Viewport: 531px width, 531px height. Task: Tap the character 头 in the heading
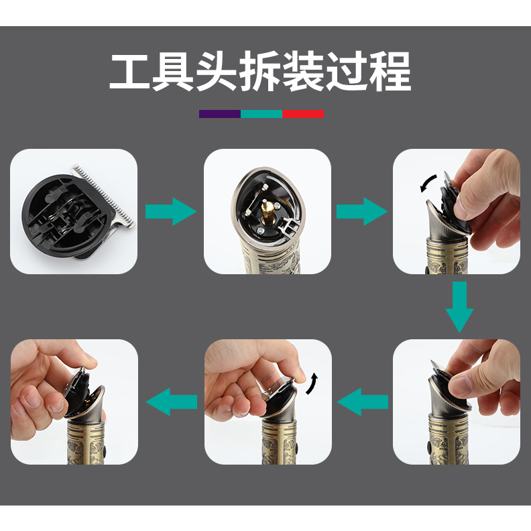pos(217,72)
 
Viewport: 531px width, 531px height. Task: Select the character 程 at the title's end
pos(390,72)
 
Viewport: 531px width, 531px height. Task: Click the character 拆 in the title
pos(260,72)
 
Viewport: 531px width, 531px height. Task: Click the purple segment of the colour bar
pos(220,114)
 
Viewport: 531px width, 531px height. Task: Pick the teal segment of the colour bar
pos(261,114)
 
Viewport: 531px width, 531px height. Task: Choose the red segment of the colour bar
pos(303,114)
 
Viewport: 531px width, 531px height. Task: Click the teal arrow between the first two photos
pos(171,212)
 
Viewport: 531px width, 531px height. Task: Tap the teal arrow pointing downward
pos(459,307)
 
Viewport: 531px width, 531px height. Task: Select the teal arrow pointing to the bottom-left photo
pos(172,402)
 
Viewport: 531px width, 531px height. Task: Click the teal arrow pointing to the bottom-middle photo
pos(362,402)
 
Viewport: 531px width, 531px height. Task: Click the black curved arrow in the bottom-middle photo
pos(312,383)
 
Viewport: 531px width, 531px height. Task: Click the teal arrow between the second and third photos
pos(362,212)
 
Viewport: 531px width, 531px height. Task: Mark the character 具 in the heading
pos(173,72)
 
